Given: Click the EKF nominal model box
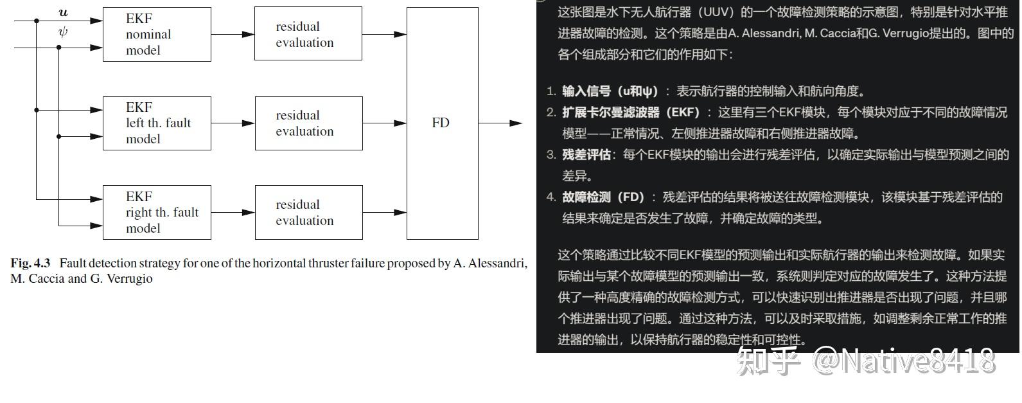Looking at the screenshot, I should (x=157, y=35).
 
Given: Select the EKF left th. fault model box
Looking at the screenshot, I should (x=157, y=123).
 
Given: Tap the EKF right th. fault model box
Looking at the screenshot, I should (x=157, y=213).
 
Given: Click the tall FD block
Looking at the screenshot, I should (x=442, y=123).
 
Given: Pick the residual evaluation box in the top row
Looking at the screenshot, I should (x=308, y=35).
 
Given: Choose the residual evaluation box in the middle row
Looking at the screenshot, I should (x=308, y=123).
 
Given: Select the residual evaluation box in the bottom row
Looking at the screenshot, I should (x=308, y=213).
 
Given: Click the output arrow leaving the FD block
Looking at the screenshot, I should (x=501, y=123).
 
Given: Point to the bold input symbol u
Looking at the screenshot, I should (x=63, y=13).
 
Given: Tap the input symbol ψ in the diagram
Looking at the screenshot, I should (x=63, y=31).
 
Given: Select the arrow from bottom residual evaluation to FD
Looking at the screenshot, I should (x=384, y=212).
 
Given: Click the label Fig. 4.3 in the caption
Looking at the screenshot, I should (x=30, y=264).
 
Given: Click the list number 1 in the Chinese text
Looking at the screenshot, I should (x=551, y=91).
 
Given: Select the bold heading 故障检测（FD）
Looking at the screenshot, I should (x=603, y=197).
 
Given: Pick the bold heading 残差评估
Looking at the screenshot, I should (x=586, y=155).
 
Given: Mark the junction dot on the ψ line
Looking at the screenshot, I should (x=59, y=48).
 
